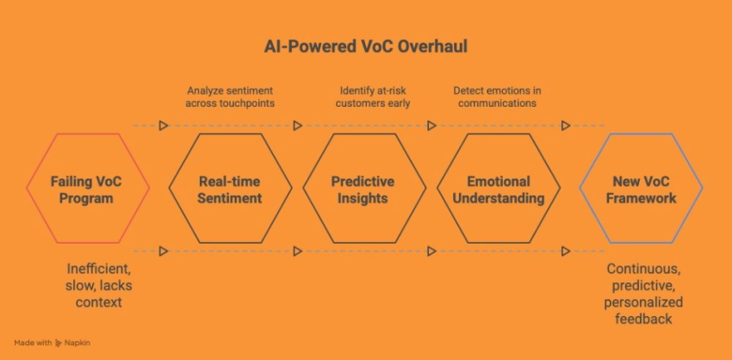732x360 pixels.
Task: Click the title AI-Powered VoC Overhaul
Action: pyautogui.click(x=365, y=46)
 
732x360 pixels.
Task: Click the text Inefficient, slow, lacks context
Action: pyautogui.click(x=99, y=285)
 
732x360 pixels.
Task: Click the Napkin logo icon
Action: pyautogui.click(x=59, y=343)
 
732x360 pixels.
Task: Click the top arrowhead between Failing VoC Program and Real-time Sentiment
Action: pyautogui.click(x=163, y=126)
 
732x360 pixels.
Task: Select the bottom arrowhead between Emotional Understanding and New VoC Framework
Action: pyautogui.click(x=566, y=251)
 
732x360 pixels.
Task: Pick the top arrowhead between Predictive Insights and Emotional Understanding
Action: pyautogui.click(x=431, y=126)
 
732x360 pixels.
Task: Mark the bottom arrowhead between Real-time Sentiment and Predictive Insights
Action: pyautogui.click(x=297, y=251)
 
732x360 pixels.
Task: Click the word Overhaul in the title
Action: pyautogui.click(x=435, y=46)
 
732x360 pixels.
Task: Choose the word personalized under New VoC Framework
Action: pyautogui.click(x=645, y=301)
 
